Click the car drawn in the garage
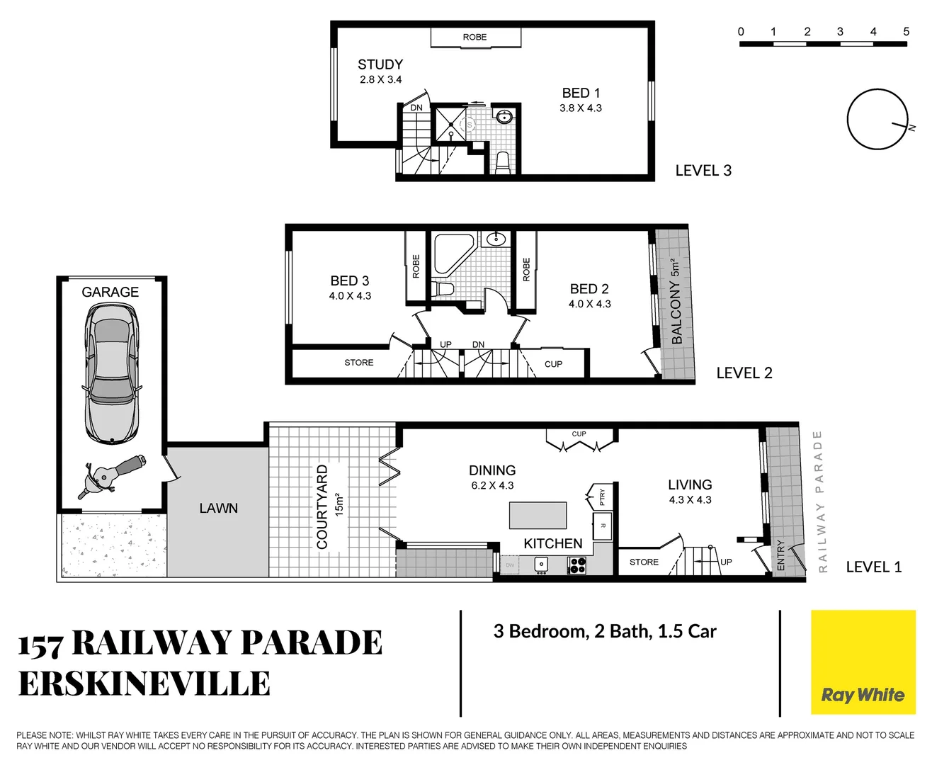pos(112,373)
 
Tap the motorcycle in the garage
pos(111,477)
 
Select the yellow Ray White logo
pos(863,662)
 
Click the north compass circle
pos(877,120)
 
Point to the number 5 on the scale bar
pos(906,32)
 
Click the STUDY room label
pos(380,64)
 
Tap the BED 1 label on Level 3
pos(581,93)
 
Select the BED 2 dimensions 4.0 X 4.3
pos(589,304)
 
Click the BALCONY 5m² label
pos(676,302)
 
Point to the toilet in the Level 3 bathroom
pos(502,162)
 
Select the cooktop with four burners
pos(577,565)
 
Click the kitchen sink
pos(541,565)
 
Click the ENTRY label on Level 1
pos(780,555)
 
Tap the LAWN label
pos(218,509)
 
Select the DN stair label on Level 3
pos(416,108)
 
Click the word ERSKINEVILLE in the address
pos(144,684)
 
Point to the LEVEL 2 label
pos(744,373)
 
